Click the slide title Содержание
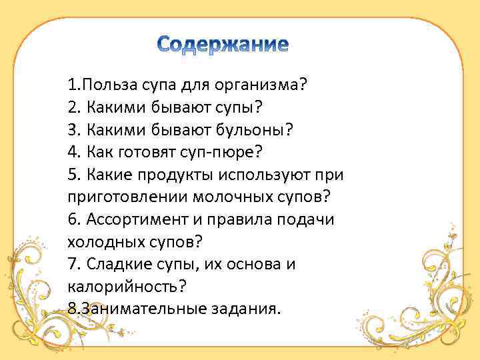(223, 45)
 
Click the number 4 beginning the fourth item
(72, 152)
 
